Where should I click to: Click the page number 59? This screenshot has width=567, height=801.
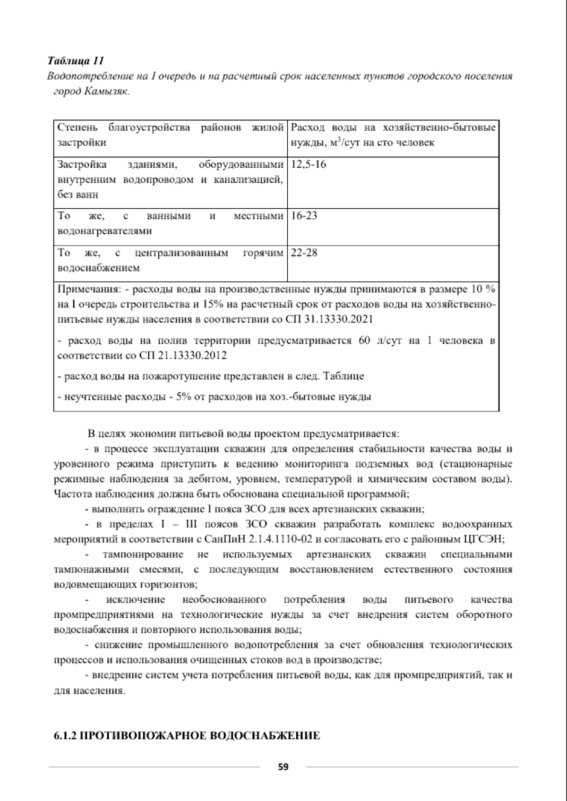click(x=283, y=767)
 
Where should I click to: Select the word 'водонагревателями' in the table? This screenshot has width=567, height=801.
click(x=104, y=231)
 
